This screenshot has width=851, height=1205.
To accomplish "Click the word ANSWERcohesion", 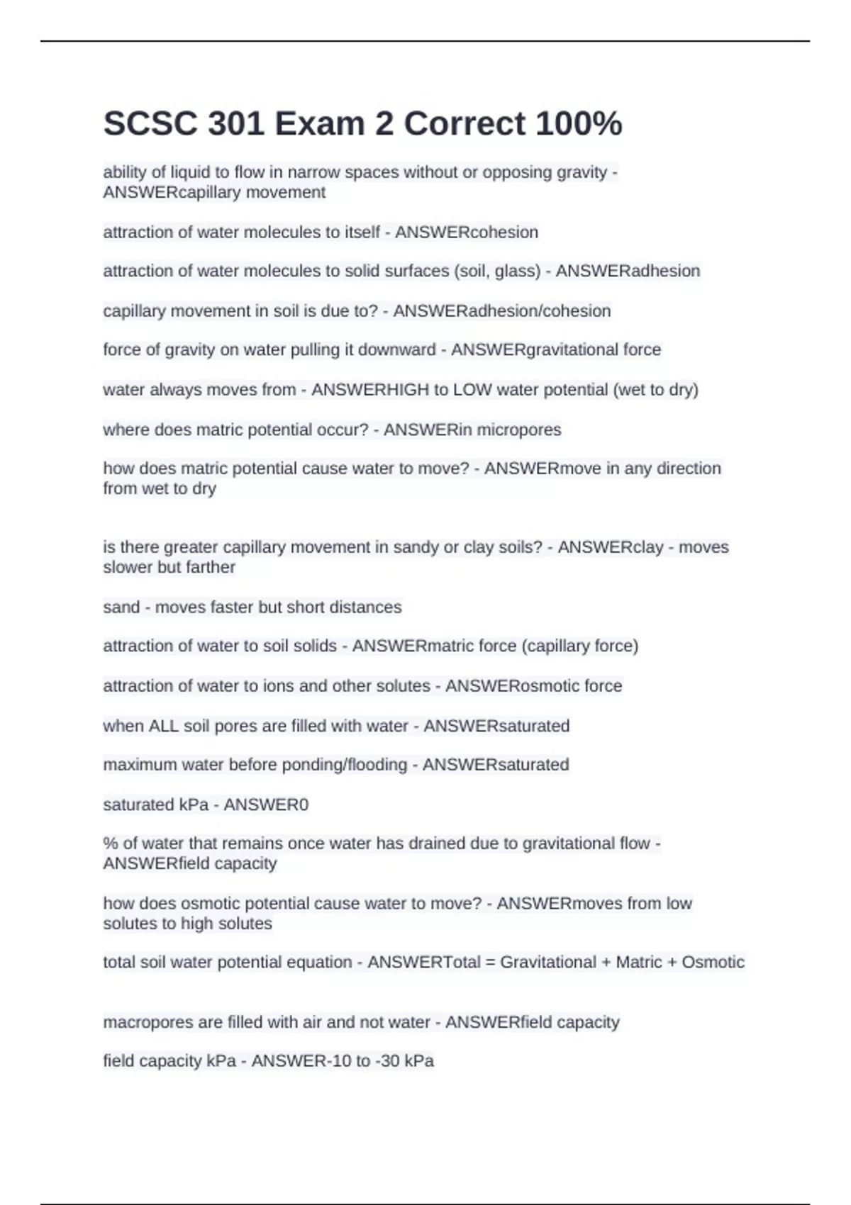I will click(x=467, y=232).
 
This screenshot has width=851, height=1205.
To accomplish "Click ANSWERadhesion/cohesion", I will click(x=501, y=311).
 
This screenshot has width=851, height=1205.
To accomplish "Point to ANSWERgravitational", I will click(x=535, y=349).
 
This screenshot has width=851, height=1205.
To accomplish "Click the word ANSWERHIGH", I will click(x=370, y=390).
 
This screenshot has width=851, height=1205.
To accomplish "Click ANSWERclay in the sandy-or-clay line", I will click(x=611, y=547).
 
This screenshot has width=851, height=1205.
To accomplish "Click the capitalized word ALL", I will click(x=163, y=726).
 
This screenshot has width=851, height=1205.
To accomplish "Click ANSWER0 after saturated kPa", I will click(x=266, y=805).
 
